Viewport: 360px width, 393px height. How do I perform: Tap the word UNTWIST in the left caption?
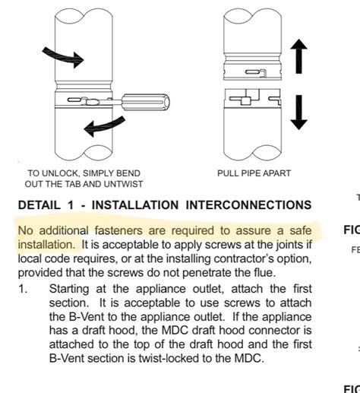pyautogui.click(x=122, y=185)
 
